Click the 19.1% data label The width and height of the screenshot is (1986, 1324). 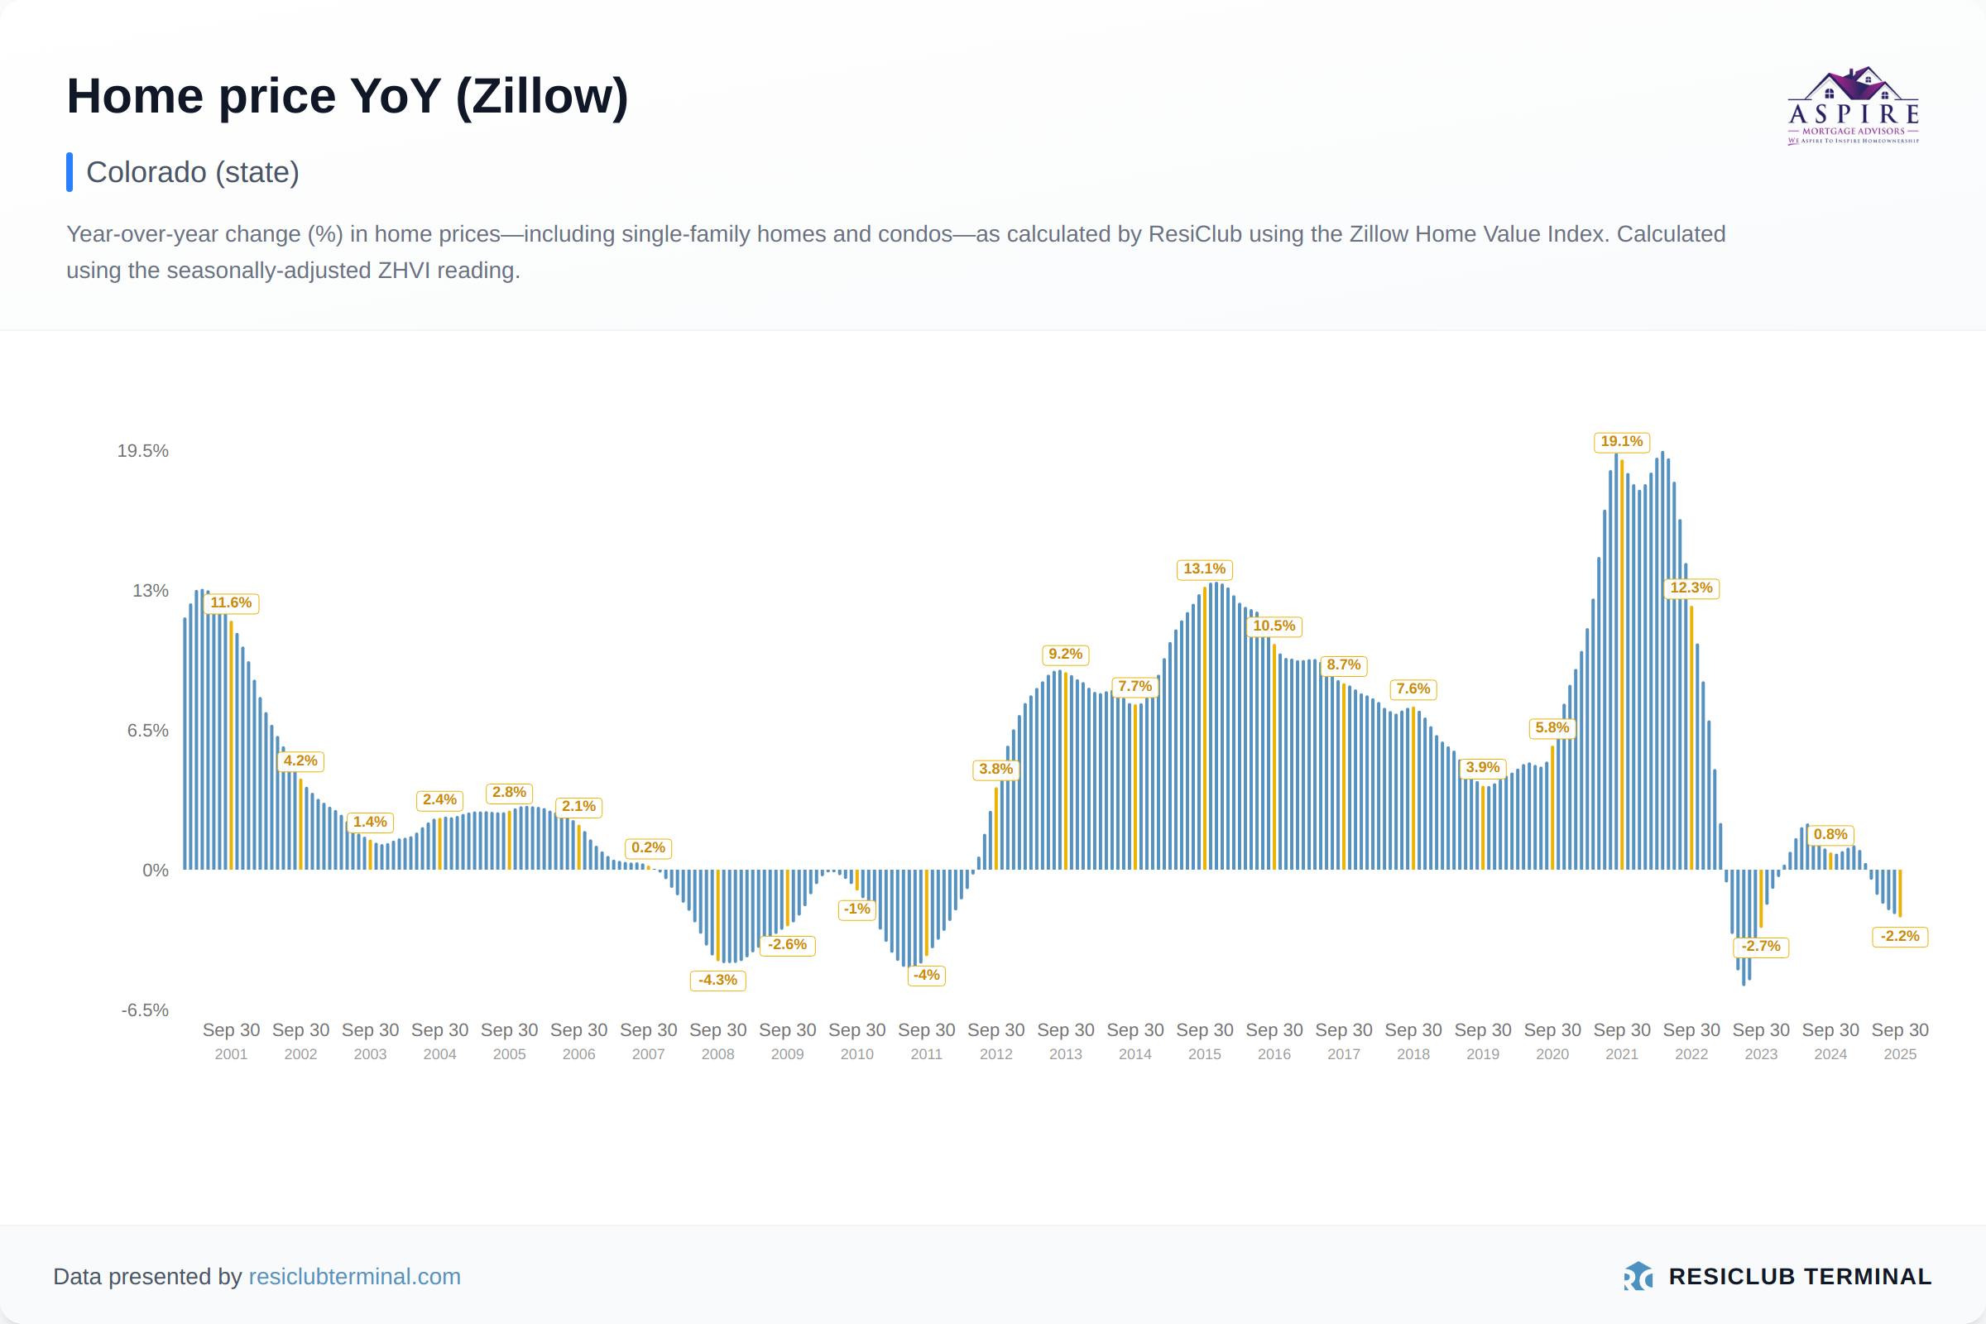(x=1621, y=442)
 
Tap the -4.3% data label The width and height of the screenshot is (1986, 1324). (x=717, y=981)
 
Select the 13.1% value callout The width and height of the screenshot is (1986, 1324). (x=1204, y=569)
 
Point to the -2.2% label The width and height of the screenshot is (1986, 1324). (x=1900, y=937)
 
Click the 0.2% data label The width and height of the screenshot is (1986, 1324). (x=649, y=847)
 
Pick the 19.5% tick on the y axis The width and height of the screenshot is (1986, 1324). (x=142, y=451)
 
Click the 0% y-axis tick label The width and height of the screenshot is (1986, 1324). (x=156, y=871)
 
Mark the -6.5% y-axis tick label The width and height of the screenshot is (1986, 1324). (x=146, y=1010)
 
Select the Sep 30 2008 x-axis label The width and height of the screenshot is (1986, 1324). (x=717, y=1041)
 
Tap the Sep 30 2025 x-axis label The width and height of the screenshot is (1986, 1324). (x=1900, y=1041)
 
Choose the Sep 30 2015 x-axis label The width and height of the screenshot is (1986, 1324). (x=1204, y=1041)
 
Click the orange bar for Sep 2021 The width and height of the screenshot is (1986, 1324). (x=1622, y=667)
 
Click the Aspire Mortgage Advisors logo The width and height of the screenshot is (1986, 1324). (x=1854, y=107)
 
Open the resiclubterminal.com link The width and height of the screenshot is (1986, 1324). (x=355, y=1277)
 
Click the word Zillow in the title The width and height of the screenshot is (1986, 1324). (x=541, y=96)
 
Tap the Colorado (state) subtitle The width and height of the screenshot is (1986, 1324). (x=193, y=172)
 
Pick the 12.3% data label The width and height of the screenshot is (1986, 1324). (x=1691, y=588)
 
